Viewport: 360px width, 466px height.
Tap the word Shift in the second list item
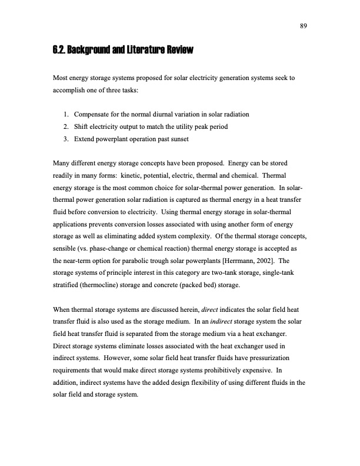[82, 126]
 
